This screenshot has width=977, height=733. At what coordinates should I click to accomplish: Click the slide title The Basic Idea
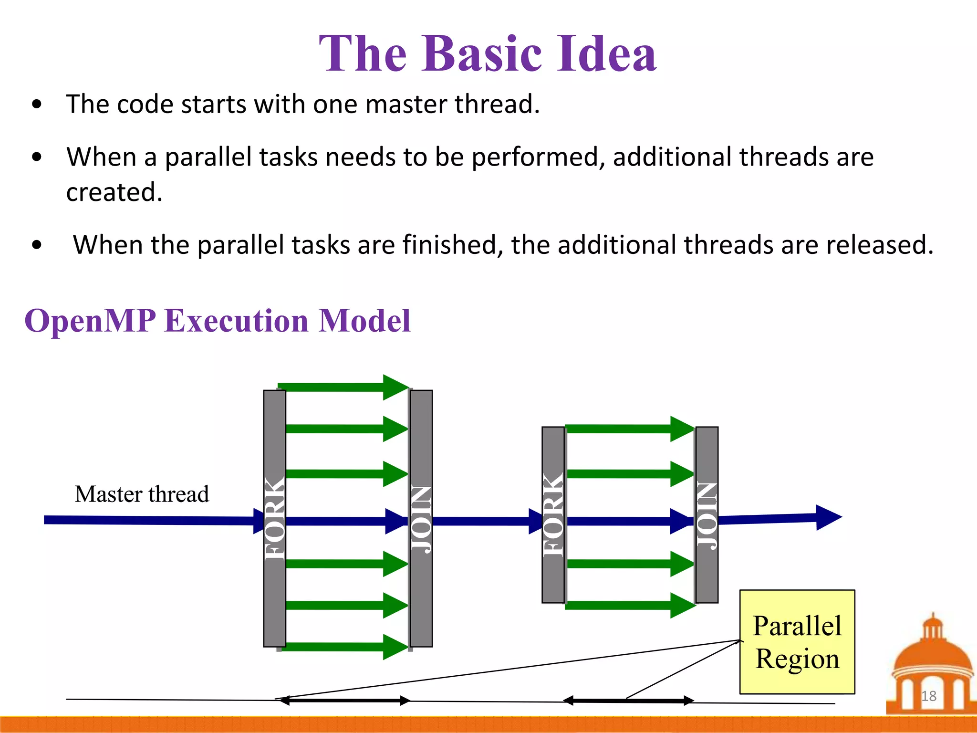[x=488, y=53]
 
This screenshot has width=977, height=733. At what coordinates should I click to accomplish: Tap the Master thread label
[x=142, y=494]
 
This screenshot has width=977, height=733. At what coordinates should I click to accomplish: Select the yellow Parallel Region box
[x=797, y=641]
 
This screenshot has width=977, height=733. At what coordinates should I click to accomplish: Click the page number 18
[x=928, y=696]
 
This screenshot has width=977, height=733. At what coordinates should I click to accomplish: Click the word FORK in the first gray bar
[x=275, y=518]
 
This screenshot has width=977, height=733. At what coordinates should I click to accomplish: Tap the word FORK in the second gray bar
[x=553, y=515]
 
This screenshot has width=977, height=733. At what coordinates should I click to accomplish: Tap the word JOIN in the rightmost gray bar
[x=707, y=515]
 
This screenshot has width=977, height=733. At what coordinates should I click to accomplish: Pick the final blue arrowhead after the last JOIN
[x=828, y=517]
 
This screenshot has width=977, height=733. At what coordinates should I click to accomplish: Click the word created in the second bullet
[x=114, y=192]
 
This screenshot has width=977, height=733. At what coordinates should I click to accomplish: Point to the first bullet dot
[x=37, y=105]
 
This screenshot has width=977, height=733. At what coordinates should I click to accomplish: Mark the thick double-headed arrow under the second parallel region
[x=628, y=701]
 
